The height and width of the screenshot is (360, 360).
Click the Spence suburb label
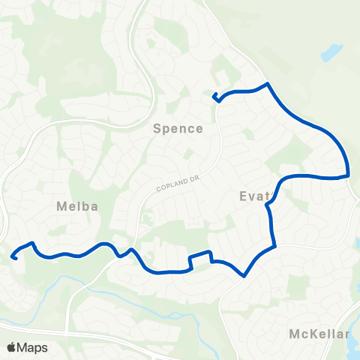click(178, 128)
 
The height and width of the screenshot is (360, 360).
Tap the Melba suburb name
click(76, 205)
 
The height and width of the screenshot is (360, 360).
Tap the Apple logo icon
click(12, 347)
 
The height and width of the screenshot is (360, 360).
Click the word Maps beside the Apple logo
click(32, 347)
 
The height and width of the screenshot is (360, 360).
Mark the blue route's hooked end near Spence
click(215, 96)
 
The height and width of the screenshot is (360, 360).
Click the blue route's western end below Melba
click(13, 257)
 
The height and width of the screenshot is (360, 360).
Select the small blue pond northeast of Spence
click(331, 53)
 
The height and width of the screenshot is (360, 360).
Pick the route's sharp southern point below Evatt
click(244, 275)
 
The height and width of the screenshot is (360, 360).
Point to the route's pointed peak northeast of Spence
click(267, 84)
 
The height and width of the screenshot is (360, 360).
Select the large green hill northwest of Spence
click(82, 60)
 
